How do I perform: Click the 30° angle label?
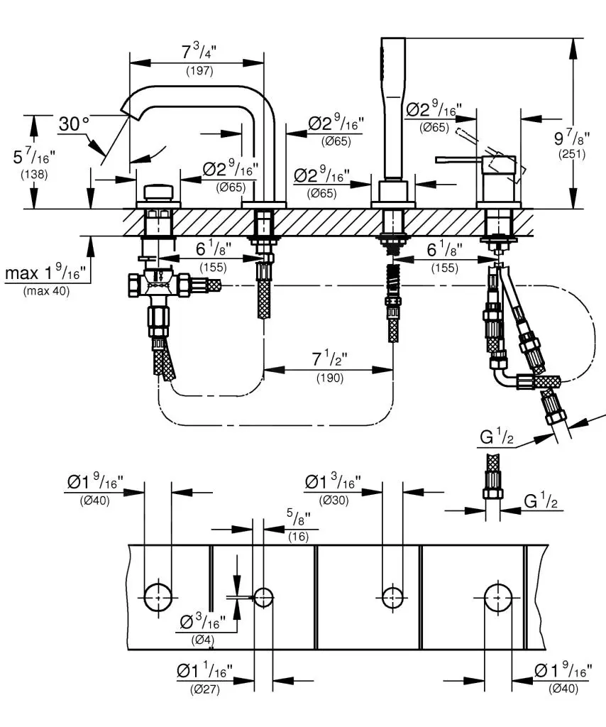[x=74, y=124]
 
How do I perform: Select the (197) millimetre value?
[x=199, y=71]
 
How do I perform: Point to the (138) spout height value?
[x=34, y=174]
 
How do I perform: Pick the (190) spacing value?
[x=329, y=378]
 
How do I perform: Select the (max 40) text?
[x=47, y=290]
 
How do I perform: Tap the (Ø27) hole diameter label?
[x=204, y=689]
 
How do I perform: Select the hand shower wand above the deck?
[x=391, y=106]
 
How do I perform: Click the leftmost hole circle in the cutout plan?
[x=158, y=597]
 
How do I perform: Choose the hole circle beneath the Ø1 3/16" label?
[x=392, y=597]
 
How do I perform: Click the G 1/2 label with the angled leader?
[x=496, y=439]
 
